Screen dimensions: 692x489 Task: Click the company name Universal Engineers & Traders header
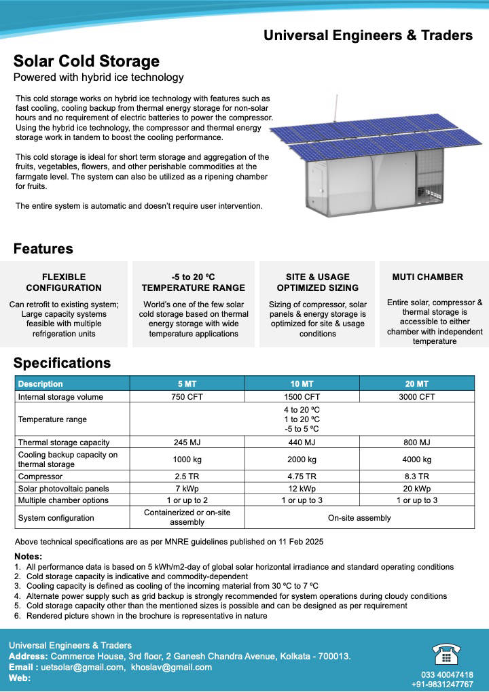point(368,35)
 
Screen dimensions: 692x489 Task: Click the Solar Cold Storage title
point(86,62)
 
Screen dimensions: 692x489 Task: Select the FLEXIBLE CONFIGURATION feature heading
point(64,282)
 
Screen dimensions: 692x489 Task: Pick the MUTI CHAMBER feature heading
point(428,277)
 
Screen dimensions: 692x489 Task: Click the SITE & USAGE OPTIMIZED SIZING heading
point(318,282)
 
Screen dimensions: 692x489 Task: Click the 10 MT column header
point(302,384)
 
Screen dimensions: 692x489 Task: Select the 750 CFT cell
point(187,397)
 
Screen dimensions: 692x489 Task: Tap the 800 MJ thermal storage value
point(417,443)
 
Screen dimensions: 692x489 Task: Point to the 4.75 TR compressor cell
point(302,477)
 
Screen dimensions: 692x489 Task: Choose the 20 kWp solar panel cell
point(417,489)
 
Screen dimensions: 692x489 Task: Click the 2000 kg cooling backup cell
point(302,460)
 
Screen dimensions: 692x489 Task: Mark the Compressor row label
point(41,477)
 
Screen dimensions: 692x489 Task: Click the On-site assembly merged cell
point(359,518)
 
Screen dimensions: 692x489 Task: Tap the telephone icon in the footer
point(446,654)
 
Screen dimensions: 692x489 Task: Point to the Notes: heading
point(28,557)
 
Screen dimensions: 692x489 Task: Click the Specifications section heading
point(62,363)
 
